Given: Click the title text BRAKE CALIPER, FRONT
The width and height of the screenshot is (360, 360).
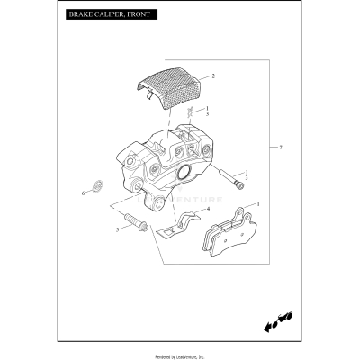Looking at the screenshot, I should [103, 16].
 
